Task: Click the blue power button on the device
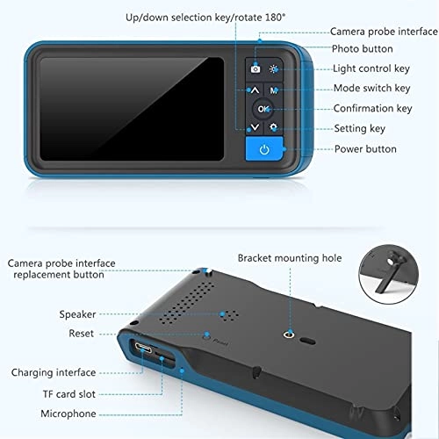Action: tap(264, 150)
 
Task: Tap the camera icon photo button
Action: tap(255, 68)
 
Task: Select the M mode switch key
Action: tap(275, 90)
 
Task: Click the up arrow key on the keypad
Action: tap(254, 90)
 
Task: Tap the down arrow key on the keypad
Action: tap(254, 127)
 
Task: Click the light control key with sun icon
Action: tap(275, 68)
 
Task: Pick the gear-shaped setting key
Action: tap(275, 127)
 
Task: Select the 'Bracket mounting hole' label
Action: tap(290, 258)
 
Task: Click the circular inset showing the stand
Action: tap(391, 273)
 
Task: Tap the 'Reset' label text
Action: tap(82, 334)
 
